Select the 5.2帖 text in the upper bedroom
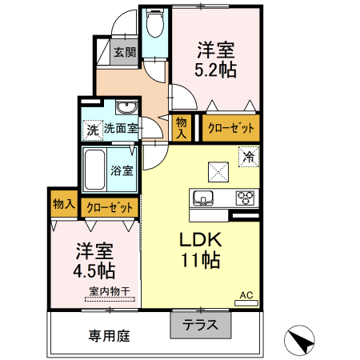click(x=215, y=70)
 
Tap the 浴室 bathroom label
click(x=122, y=170)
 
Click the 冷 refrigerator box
click(x=249, y=157)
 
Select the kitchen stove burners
click(x=245, y=198)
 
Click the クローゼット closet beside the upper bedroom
click(x=230, y=127)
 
